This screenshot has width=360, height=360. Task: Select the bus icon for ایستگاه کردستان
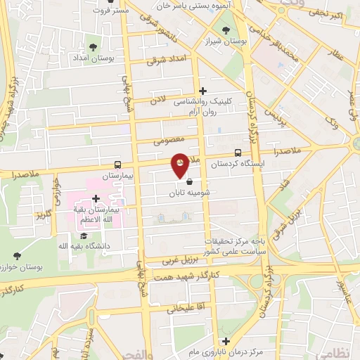238,153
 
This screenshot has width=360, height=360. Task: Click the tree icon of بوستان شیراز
225,30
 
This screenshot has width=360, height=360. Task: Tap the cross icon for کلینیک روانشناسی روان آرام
202,90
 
